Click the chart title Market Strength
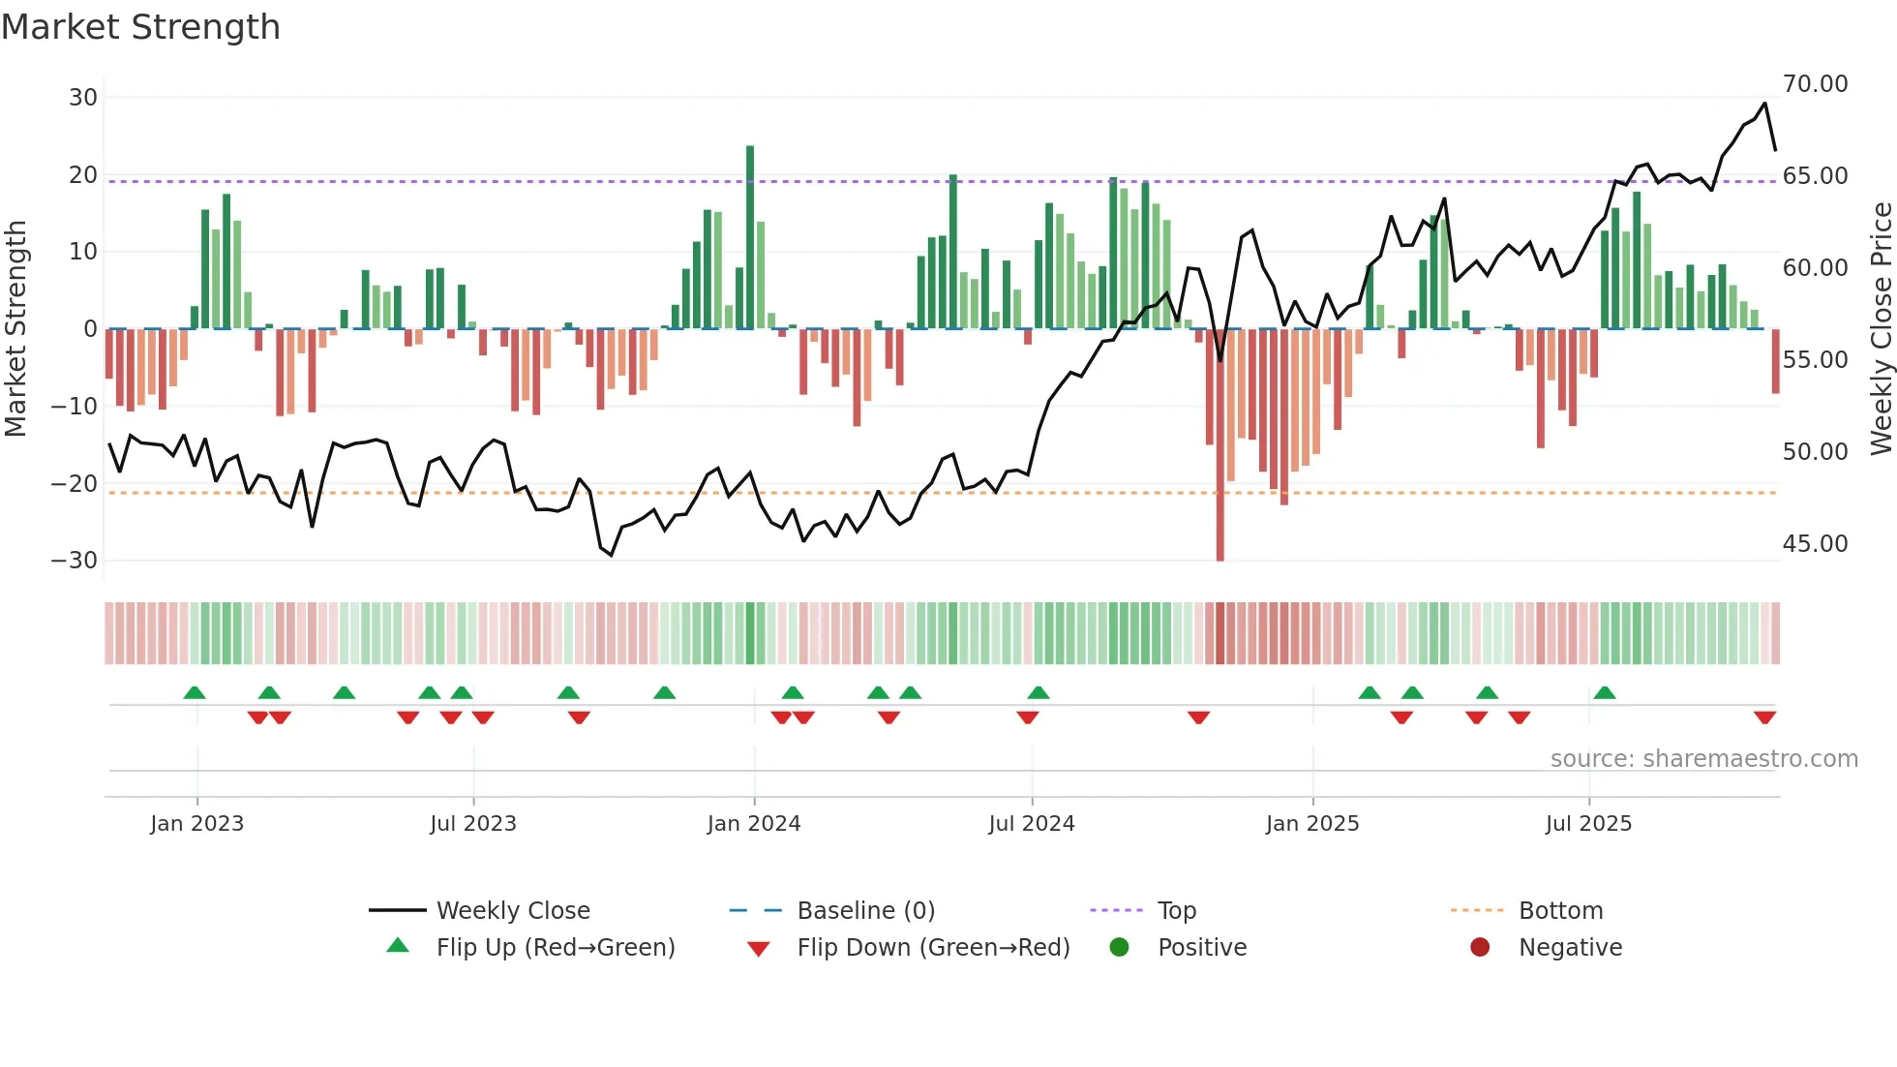(140, 27)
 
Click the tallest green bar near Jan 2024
(750, 237)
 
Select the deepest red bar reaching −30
(1219, 445)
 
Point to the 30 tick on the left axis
(83, 98)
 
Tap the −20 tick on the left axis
(75, 483)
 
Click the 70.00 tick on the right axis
(1815, 84)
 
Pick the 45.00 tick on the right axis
(1815, 544)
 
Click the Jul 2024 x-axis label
(1031, 824)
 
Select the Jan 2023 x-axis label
(196, 824)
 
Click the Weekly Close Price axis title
(1881, 329)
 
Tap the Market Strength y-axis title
(15, 329)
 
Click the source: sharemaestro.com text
(1703, 759)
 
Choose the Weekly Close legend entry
(512, 911)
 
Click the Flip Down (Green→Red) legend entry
(932, 948)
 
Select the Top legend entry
(1176, 911)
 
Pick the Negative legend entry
(1569, 948)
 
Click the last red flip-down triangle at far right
(1764, 717)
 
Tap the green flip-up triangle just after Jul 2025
(1604, 693)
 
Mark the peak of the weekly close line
(1764, 104)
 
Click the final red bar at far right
(1775, 361)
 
